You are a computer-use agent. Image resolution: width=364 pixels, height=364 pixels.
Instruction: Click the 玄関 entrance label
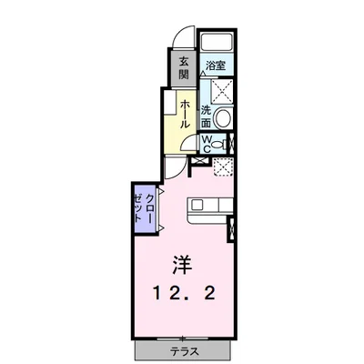coord(184,68)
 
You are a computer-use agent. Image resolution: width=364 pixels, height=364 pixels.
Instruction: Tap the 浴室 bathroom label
coord(216,66)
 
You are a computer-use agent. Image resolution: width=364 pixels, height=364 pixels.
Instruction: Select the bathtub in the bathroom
coord(217,42)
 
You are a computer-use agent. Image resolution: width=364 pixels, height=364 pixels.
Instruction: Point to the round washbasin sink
coord(222,117)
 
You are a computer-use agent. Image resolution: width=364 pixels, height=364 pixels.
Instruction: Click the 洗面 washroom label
coord(206,116)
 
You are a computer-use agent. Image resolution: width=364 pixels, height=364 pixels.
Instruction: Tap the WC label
coord(207,144)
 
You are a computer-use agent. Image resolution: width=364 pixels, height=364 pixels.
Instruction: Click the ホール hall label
coord(186,114)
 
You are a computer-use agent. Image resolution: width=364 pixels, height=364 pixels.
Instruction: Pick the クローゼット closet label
coord(144,208)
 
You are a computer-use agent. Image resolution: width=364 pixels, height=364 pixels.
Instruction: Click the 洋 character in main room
coord(182,265)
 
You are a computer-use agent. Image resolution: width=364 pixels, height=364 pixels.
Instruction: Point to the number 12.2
coord(184,294)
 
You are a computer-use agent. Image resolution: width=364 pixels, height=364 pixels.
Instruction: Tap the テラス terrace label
coord(184,351)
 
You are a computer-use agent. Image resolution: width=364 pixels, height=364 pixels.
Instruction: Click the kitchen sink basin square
coord(197,205)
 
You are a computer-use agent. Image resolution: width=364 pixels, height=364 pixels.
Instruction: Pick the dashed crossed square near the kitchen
coord(223,167)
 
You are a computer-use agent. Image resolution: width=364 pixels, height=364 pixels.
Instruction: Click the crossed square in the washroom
coord(222,91)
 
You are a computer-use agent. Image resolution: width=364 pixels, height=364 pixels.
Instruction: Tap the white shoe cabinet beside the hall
coord(169,102)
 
